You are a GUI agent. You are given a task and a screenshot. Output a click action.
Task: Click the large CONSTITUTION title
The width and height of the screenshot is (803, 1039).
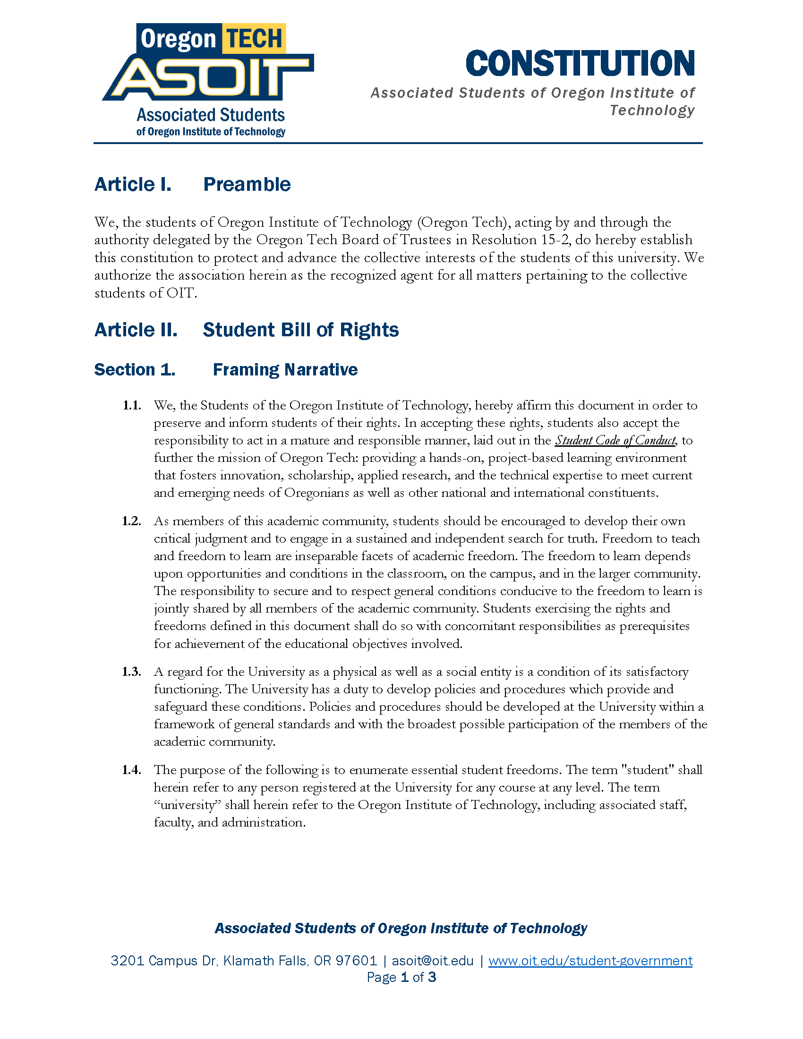pos(580,63)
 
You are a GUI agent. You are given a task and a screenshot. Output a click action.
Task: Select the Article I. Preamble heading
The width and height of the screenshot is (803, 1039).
pos(192,185)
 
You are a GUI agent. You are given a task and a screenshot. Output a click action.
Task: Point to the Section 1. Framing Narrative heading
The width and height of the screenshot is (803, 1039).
pos(225,370)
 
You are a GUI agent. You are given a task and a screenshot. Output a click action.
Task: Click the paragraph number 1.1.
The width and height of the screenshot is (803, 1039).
pos(132,405)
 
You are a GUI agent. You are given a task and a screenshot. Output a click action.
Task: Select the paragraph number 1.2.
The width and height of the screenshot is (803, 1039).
pos(132,521)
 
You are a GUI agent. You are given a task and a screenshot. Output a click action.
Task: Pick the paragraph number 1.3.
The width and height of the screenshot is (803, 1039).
pos(132,672)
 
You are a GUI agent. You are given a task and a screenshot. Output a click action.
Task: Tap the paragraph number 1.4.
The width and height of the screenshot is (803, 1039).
pos(132,770)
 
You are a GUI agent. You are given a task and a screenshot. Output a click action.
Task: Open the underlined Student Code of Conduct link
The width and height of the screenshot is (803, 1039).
pos(615,441)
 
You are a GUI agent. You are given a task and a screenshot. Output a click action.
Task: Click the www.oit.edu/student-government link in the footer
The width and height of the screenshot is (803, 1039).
pos(590,961)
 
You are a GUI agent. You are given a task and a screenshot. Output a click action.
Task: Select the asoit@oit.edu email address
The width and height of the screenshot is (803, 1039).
pos(432,961)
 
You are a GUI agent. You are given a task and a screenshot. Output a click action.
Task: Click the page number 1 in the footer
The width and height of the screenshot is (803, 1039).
pos(405,977)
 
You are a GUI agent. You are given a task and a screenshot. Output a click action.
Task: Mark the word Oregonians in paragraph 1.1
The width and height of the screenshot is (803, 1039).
pos(317,493)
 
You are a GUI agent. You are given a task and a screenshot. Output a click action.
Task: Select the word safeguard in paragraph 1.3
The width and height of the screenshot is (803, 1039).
pos(181,707)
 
